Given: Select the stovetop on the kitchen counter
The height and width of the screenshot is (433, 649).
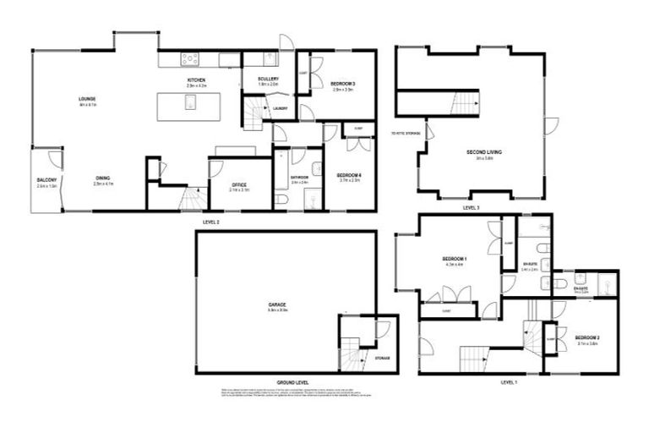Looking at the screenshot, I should pyautogui.click(x=191, y=59).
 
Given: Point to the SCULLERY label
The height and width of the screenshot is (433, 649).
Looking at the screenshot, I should pyautogui.click(x=268, y=79).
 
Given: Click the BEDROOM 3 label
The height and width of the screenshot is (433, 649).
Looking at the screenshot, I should pyautogui.click(x=342, y=83).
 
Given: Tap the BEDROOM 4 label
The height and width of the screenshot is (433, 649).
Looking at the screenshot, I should pyautogui.click(x=350, y=175).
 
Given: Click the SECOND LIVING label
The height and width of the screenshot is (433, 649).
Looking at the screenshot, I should pyautogui.click(x=484, y=152).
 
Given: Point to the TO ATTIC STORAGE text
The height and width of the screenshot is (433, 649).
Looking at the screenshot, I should pyautogui.click(x=407, y=134).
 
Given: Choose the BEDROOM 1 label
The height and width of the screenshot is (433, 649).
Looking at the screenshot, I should pyautogui.click(x=455, y=259).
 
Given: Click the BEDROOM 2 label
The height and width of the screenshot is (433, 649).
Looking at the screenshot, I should pyautogui.click(x=587, y=337).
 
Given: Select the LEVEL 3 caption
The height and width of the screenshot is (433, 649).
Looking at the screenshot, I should pyautogui.click(x=472, y=207).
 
